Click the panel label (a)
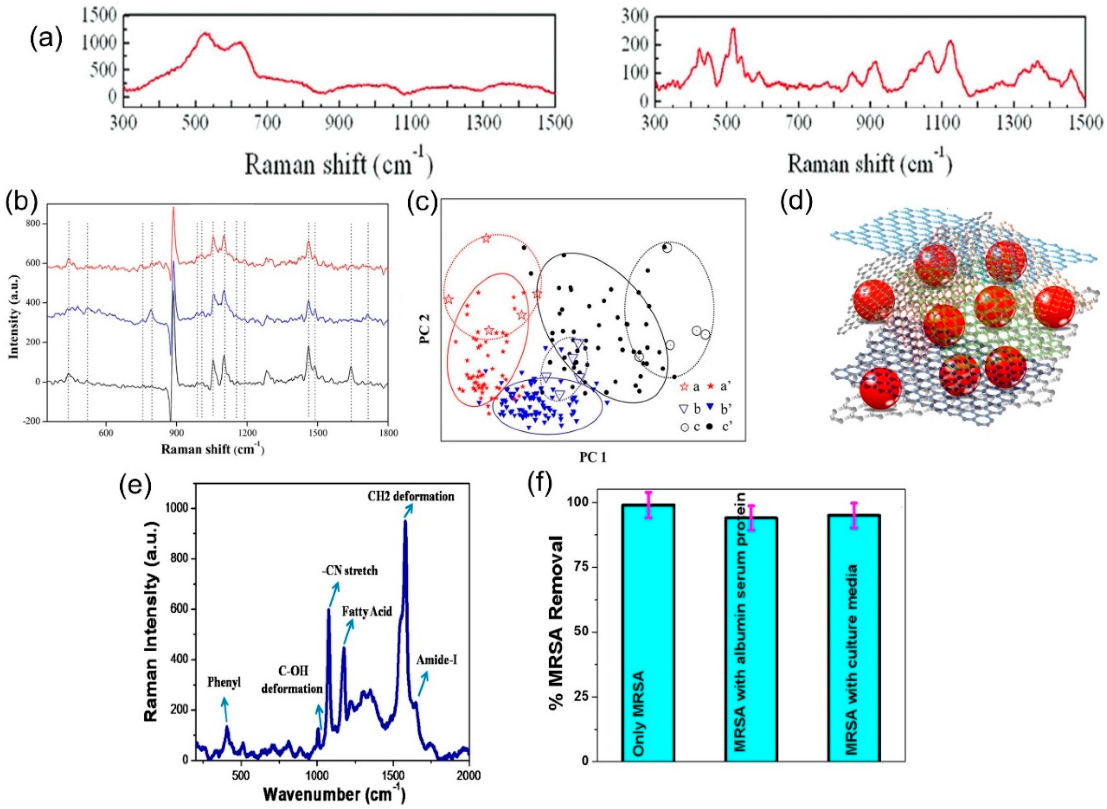click(47, 39)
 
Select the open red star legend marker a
click(684, 387)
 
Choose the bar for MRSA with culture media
click(853, 641)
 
